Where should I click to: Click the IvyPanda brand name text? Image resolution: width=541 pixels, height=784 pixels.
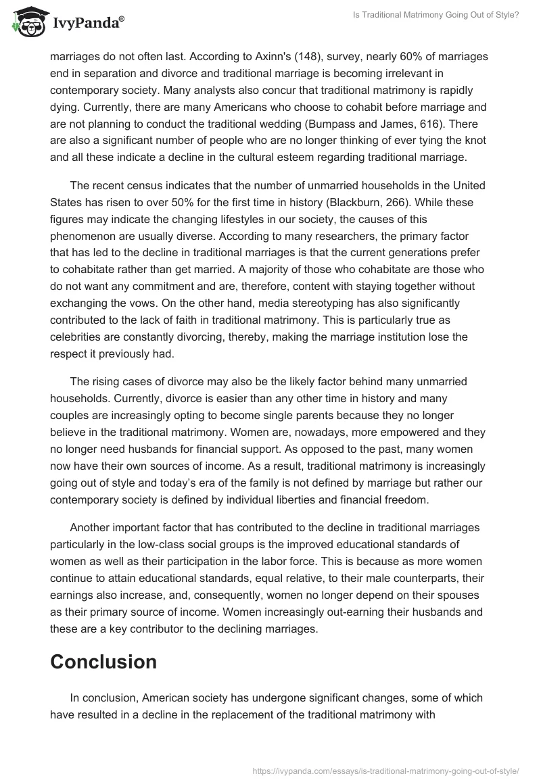coord(87,25)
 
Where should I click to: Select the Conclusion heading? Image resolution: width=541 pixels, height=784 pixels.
coord(103,662)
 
